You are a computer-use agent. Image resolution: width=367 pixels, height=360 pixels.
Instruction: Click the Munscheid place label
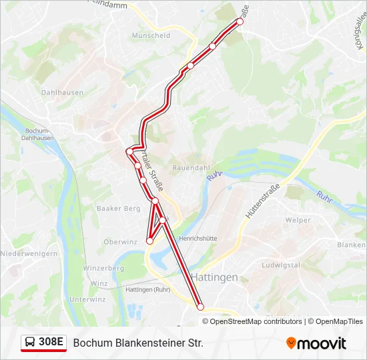pyautogui.click(x=151, y=36)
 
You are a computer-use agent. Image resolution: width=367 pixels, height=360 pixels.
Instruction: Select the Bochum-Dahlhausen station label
pyautogui.click(x=38, y=134)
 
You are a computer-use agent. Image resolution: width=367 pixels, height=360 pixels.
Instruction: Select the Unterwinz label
pyautogui.click(x=87, y=299)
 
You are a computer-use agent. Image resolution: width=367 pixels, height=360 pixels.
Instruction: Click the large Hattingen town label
pyautogui.click(x=214, y=277)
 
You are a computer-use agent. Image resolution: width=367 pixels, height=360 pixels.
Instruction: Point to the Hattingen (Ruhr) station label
pyautogui.click(x=147, y=289)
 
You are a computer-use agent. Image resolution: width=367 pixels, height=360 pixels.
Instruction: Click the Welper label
pyautogui.click(x=297, y=219)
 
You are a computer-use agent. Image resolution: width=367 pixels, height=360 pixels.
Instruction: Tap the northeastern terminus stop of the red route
pyautogui.click(x=240, y=22)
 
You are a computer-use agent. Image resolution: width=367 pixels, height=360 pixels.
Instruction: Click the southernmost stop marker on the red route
pyautogui.click(x=200, y=307)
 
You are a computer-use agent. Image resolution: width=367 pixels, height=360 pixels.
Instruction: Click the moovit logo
pyautogui.click(x=316, y=343)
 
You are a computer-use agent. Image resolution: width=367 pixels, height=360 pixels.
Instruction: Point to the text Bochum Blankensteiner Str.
pyautogui.click(x=138, y=343)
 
